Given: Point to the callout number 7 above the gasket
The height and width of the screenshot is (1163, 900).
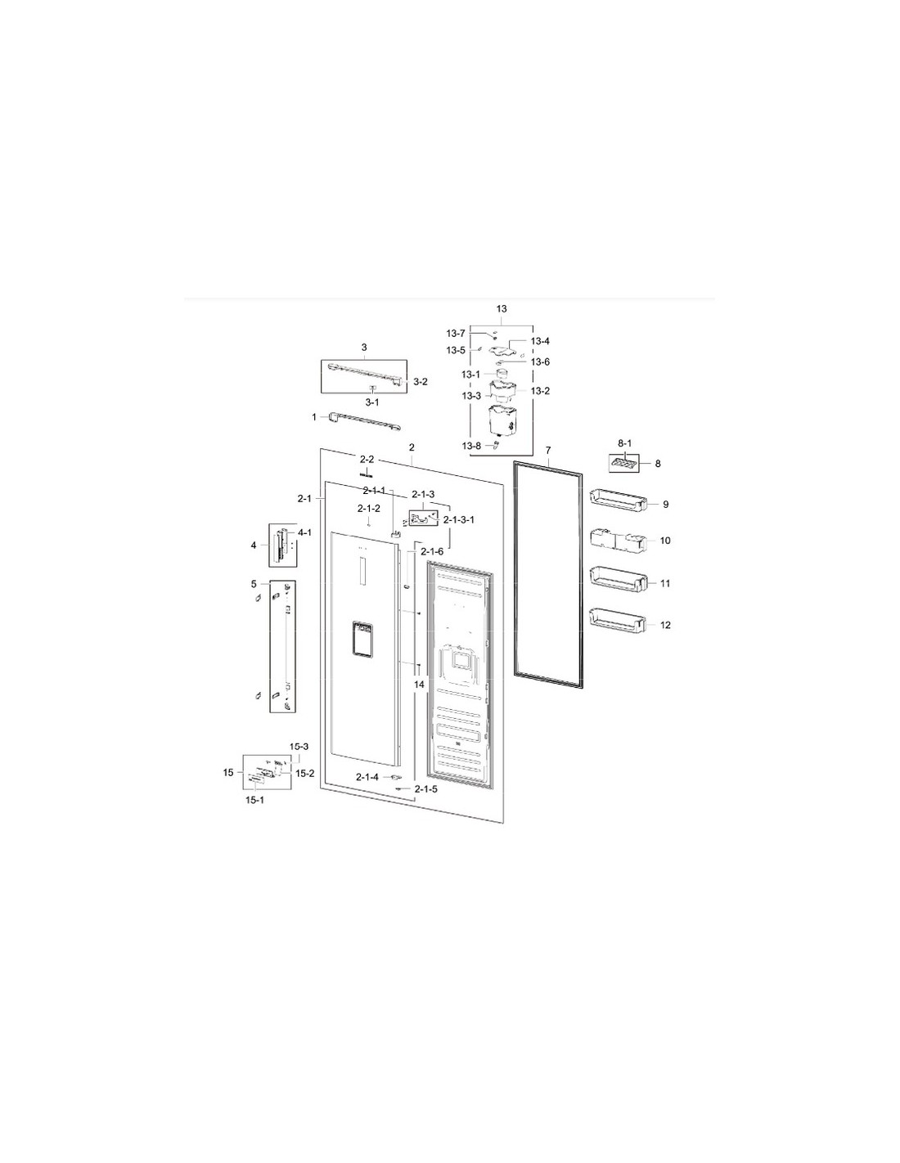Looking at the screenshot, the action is (x=548, y=451).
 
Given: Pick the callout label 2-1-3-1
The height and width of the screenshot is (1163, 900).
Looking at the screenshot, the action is (x=458, y=519).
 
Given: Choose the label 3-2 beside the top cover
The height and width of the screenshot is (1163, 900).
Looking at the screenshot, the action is (x=421, y=382).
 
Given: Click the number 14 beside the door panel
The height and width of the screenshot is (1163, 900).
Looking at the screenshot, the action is (x=419, y=684).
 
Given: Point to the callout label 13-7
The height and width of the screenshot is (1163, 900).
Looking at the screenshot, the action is (x=456, y=334).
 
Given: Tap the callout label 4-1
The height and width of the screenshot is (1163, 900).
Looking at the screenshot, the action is (x=304, y=532).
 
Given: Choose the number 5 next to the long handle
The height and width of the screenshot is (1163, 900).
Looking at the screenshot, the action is (x=254, y=583).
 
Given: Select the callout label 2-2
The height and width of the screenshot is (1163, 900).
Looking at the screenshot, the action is (x=367, y=459).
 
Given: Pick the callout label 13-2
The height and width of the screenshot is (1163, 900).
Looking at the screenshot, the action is (x=540, y=391).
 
